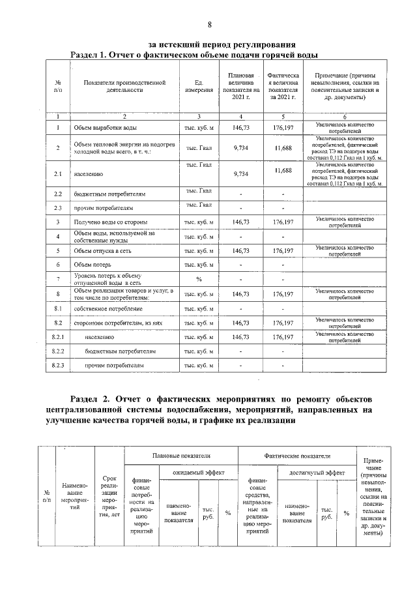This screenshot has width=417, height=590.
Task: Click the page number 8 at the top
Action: (x=209, y=25)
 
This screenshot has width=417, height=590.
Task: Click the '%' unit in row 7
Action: (x=199, y=279)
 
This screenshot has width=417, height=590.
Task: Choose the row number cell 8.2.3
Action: (x=58, y=365)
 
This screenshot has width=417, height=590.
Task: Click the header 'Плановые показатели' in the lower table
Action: (x=180, y=455)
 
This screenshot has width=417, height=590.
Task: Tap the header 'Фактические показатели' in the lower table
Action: (x=296, y=455)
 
